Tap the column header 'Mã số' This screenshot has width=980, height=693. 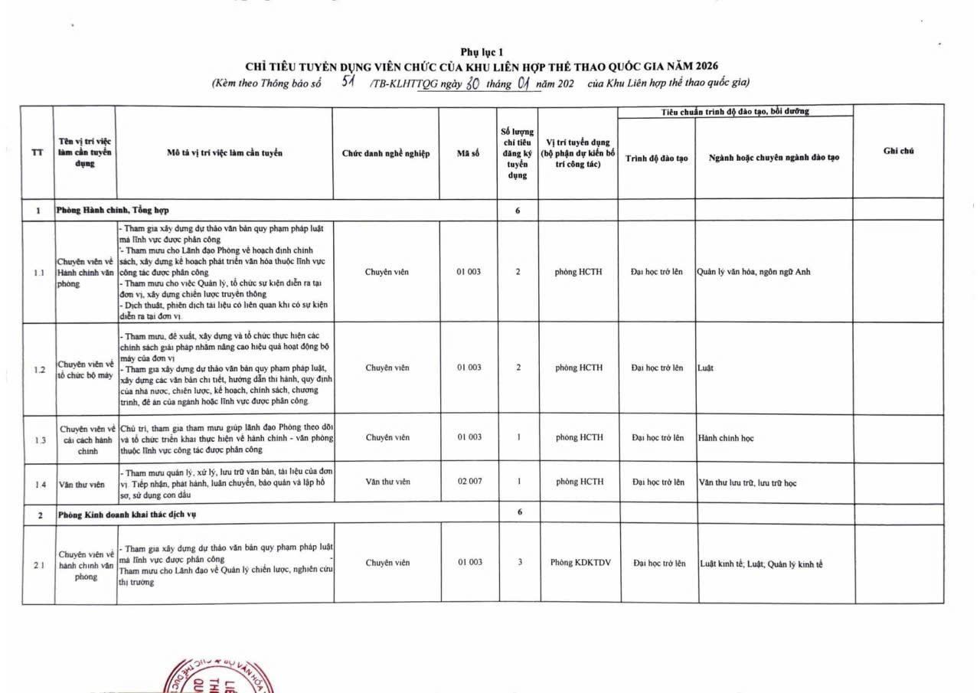click(x=468, y=153)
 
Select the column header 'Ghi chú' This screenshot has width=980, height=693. click(x=898, y=152)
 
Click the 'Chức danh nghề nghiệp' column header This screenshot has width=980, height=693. click(x=386, y=153)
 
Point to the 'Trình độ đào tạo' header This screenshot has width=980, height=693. click(x=656, y=158)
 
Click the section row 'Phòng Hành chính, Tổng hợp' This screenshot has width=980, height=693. click(x=113, y=210)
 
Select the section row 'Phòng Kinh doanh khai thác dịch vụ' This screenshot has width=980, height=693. click(x=127, y=515)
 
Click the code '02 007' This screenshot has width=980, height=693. click(x=469, y=482)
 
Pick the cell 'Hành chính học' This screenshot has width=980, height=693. click(x=727, y=439)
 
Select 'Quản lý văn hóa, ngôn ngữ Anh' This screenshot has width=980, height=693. click(x=753, y=272)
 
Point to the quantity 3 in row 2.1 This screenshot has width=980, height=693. click(x=520, y=562)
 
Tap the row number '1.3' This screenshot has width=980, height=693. click(x=40, y=440)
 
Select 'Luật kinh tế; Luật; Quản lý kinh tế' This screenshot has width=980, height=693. click(x=762, y=564)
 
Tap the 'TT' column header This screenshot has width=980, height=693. click(x=37, y=152)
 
